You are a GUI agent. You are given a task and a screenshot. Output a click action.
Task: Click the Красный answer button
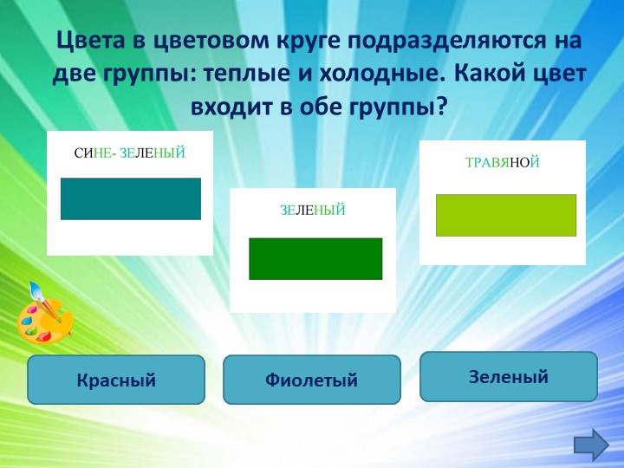pyautogui.click(x=116, y=380)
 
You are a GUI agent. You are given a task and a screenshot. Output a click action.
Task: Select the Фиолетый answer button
pyautogui.click(x=312, y=380)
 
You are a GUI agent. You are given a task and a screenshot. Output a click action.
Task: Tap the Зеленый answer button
pyautogui.click(x=509, y=376)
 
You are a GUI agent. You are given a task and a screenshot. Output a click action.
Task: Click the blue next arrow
pyautogui.click(x=591, y=444)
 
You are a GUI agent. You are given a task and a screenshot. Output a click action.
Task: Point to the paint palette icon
pyautogui.click(x=44, y=318)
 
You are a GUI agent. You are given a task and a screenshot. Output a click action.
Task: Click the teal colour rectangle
pyautogui.click(x=131, y=198)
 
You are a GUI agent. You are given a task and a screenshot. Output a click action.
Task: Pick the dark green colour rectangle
pyautogui.click(x=315, y=258)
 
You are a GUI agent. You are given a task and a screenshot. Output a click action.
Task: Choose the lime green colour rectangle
pyautogui.click(x=506, y=215)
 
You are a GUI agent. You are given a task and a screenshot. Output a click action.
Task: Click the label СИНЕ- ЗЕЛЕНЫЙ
pyautogui.click(x=130, y=153)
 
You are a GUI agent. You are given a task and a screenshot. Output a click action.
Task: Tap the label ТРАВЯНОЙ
pyautogui.click(x=502, y=162)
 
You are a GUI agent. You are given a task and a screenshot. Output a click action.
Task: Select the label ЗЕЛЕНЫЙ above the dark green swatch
pyautogui.click(x=313, y=210)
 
